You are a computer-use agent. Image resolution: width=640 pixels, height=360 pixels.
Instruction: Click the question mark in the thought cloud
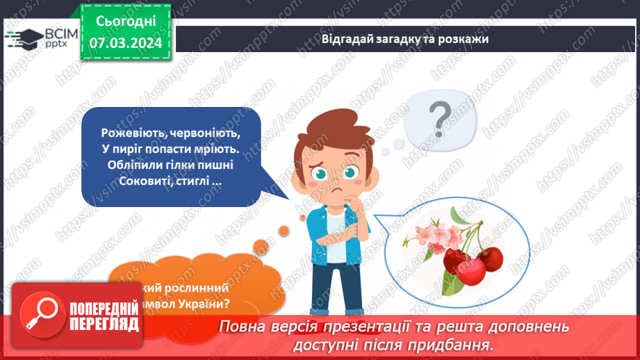coord(439,118)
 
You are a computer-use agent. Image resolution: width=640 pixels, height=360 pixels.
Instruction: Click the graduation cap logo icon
coord(22,38)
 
